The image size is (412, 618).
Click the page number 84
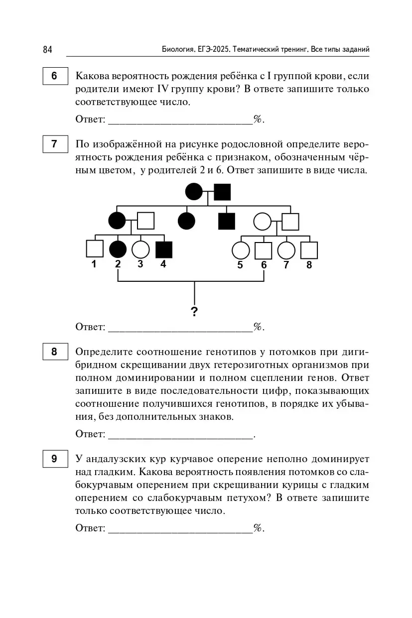[x=47, y=49]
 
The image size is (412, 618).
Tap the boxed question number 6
[x=54, y=76]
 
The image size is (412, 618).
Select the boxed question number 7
[x=54, y=144]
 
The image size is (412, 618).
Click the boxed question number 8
[x=54, y=352]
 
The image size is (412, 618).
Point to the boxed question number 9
[x=54, y=459]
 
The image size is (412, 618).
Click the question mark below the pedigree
[x=194, y=312]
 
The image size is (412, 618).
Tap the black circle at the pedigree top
[x=194, y=192]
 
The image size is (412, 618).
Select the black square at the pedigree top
[x=222, y=192]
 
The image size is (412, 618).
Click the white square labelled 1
[x=95, y=249]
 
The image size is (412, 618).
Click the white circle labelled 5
[x=241, y=250]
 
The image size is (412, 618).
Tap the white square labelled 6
[x=263, y=250]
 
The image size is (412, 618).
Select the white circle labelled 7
[x=286, y=250]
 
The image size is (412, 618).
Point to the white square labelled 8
[x=309, y=250]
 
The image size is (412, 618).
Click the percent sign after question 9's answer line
[x=258, y=528]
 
